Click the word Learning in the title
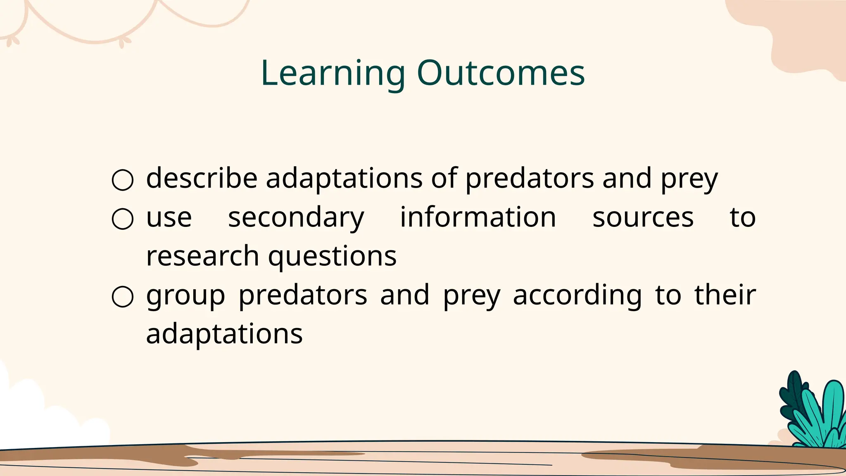[333, 74]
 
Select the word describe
[202, 178]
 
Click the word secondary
[296, 218]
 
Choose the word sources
[643, 218]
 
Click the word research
[202, 256]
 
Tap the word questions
[332, 257]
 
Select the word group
[185, 296]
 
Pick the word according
[577, 296]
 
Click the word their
[725, 295]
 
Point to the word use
[169, 218]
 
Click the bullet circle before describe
[123, 180]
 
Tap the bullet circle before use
[123, 219]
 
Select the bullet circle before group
[123, 297]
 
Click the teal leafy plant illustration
[812, 413]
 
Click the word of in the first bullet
[444, 178]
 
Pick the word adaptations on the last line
[224, 334]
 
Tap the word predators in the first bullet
[530, 178]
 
